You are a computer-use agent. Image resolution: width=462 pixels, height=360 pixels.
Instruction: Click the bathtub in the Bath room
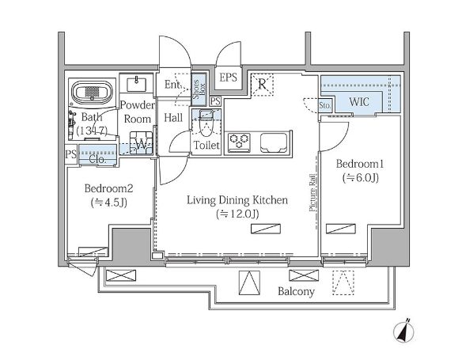(93, 92)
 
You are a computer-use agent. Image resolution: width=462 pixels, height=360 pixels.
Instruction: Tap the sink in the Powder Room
(136, 84)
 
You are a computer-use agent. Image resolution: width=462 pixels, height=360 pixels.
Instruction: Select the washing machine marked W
(142, 143)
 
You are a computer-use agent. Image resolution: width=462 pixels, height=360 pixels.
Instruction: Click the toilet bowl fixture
(206, 124)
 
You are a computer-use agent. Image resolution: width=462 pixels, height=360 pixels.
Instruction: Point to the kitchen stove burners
(239, 142)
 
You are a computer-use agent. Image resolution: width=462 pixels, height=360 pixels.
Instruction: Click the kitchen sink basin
(274, 142)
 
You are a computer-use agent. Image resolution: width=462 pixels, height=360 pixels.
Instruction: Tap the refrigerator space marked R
(262, 84)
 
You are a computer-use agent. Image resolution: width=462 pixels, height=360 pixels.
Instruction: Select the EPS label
(229, 78)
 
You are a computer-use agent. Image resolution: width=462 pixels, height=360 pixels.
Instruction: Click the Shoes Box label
(199, 89)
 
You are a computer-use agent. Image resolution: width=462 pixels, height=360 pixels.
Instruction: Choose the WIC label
(359, 102)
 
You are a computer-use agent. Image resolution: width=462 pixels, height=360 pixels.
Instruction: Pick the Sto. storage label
(325, 105)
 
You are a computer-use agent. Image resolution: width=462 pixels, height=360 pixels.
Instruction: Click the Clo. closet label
(97, 160)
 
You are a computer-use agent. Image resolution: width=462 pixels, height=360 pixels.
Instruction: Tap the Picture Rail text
(312, 193)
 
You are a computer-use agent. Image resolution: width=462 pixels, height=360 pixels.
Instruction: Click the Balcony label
(296, 291)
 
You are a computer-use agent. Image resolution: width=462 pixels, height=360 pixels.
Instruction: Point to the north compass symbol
(403, 331)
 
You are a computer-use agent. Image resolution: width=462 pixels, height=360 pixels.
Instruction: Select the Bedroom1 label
(360, 164)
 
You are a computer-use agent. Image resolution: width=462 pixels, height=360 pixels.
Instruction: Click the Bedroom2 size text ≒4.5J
(109, 203)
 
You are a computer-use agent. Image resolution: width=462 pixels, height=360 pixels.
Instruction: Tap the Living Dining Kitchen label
(237, 200)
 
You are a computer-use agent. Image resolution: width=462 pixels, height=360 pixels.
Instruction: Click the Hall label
(173, 118)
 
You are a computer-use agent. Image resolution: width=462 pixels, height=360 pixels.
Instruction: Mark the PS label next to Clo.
(70, 153)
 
